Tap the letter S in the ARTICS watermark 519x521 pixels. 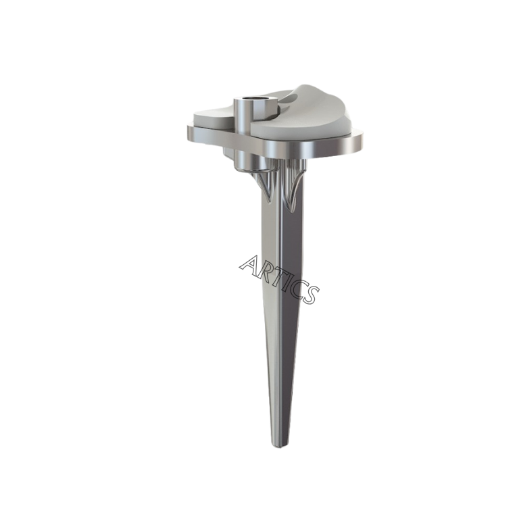(310, 294)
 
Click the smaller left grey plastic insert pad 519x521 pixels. (214, 118)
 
